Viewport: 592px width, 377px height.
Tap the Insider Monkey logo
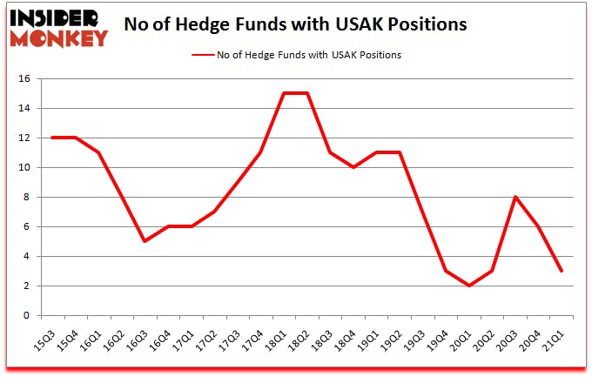pyautogui.click(x=59, y=27)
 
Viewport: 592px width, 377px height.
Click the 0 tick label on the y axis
pyautogui.click(x=28, y=316)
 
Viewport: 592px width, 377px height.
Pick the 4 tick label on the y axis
pyautogui.click(x=28, y=257)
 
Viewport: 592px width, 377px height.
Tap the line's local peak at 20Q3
pyautogui.click(x=516, y=197)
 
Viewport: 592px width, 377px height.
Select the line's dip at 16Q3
pyautogui.click(x=144, y=241)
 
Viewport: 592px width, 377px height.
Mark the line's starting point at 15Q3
pyautogui.click(x=53, y=138)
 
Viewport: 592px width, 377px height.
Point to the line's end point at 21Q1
pyautogui.click(x=562, y=271)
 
